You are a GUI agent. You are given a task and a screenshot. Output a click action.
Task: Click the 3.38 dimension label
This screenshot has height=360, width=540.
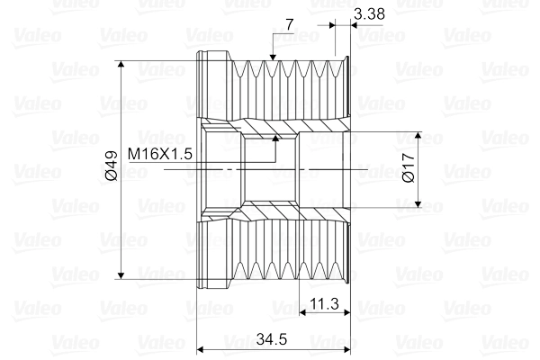click(x=369, y=13)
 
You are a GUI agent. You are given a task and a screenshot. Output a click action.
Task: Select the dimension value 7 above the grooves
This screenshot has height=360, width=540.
click(x=290, y=24)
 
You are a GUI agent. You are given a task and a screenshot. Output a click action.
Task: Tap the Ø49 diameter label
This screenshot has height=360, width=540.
click(x=112, y=166)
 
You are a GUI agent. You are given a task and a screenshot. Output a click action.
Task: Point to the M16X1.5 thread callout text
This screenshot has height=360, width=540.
click(x=160, y=154)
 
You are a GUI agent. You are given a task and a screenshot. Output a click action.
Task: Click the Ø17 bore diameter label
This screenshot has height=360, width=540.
click(x=409, y=167)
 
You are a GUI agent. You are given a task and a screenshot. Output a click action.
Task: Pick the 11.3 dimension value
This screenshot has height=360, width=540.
click(x=324, y=304)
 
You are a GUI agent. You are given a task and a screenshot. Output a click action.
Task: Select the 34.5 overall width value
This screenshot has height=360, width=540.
click(x=272, y=339)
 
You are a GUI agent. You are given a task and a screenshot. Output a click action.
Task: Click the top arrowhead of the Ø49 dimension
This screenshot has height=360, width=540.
click(x=121, y=65)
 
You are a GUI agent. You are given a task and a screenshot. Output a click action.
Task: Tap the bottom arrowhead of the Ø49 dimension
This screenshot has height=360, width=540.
click(x=121, y=275)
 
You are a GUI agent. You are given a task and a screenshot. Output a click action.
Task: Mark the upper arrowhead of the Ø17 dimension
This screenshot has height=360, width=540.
click(x=418, y=135)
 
